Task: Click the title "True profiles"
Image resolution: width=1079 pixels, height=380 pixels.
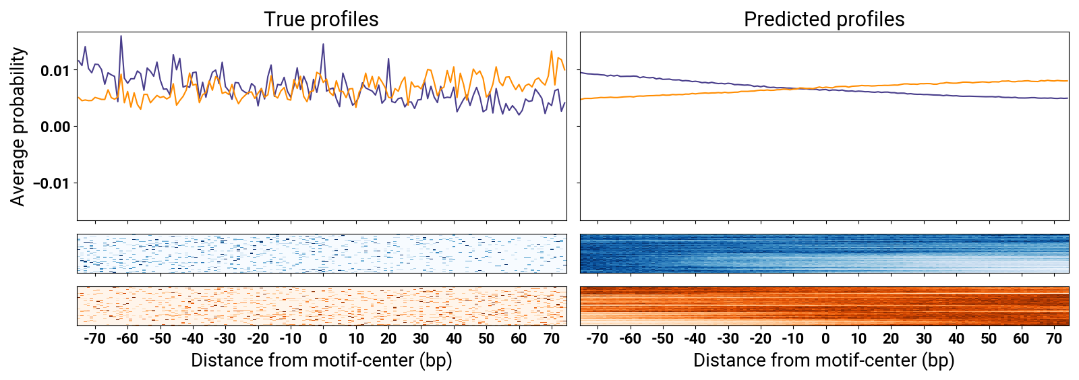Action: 321,19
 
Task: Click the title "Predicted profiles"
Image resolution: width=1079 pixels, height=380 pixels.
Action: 823,19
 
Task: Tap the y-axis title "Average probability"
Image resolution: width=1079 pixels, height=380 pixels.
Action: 18,126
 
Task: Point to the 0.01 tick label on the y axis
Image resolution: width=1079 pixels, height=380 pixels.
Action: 55,71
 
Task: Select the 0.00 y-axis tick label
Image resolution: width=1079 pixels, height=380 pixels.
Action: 55,127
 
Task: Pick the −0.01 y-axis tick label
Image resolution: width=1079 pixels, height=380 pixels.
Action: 52,183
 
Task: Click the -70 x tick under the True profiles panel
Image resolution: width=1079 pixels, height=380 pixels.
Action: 94,338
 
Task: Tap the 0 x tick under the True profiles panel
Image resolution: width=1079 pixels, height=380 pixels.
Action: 323,338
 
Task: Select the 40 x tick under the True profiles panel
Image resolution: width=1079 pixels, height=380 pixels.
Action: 454,338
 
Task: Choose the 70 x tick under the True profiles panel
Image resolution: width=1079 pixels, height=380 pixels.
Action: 552,338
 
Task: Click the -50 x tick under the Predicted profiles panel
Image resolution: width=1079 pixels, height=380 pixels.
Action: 662,338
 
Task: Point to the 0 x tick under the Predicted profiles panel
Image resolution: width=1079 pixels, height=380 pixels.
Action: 825,338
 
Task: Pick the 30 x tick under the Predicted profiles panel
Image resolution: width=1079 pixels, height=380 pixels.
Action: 924,338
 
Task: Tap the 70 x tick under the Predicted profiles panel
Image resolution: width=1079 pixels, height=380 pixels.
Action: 1054,338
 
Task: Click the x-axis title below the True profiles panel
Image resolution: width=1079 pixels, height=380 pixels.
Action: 321,360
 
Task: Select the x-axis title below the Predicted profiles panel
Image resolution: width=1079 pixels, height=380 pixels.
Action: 823,360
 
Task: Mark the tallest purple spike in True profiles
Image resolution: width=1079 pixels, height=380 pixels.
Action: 121,36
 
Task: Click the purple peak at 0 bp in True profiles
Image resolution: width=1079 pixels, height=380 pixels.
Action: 323,45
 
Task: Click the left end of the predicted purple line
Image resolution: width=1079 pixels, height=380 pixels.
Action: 581,72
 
